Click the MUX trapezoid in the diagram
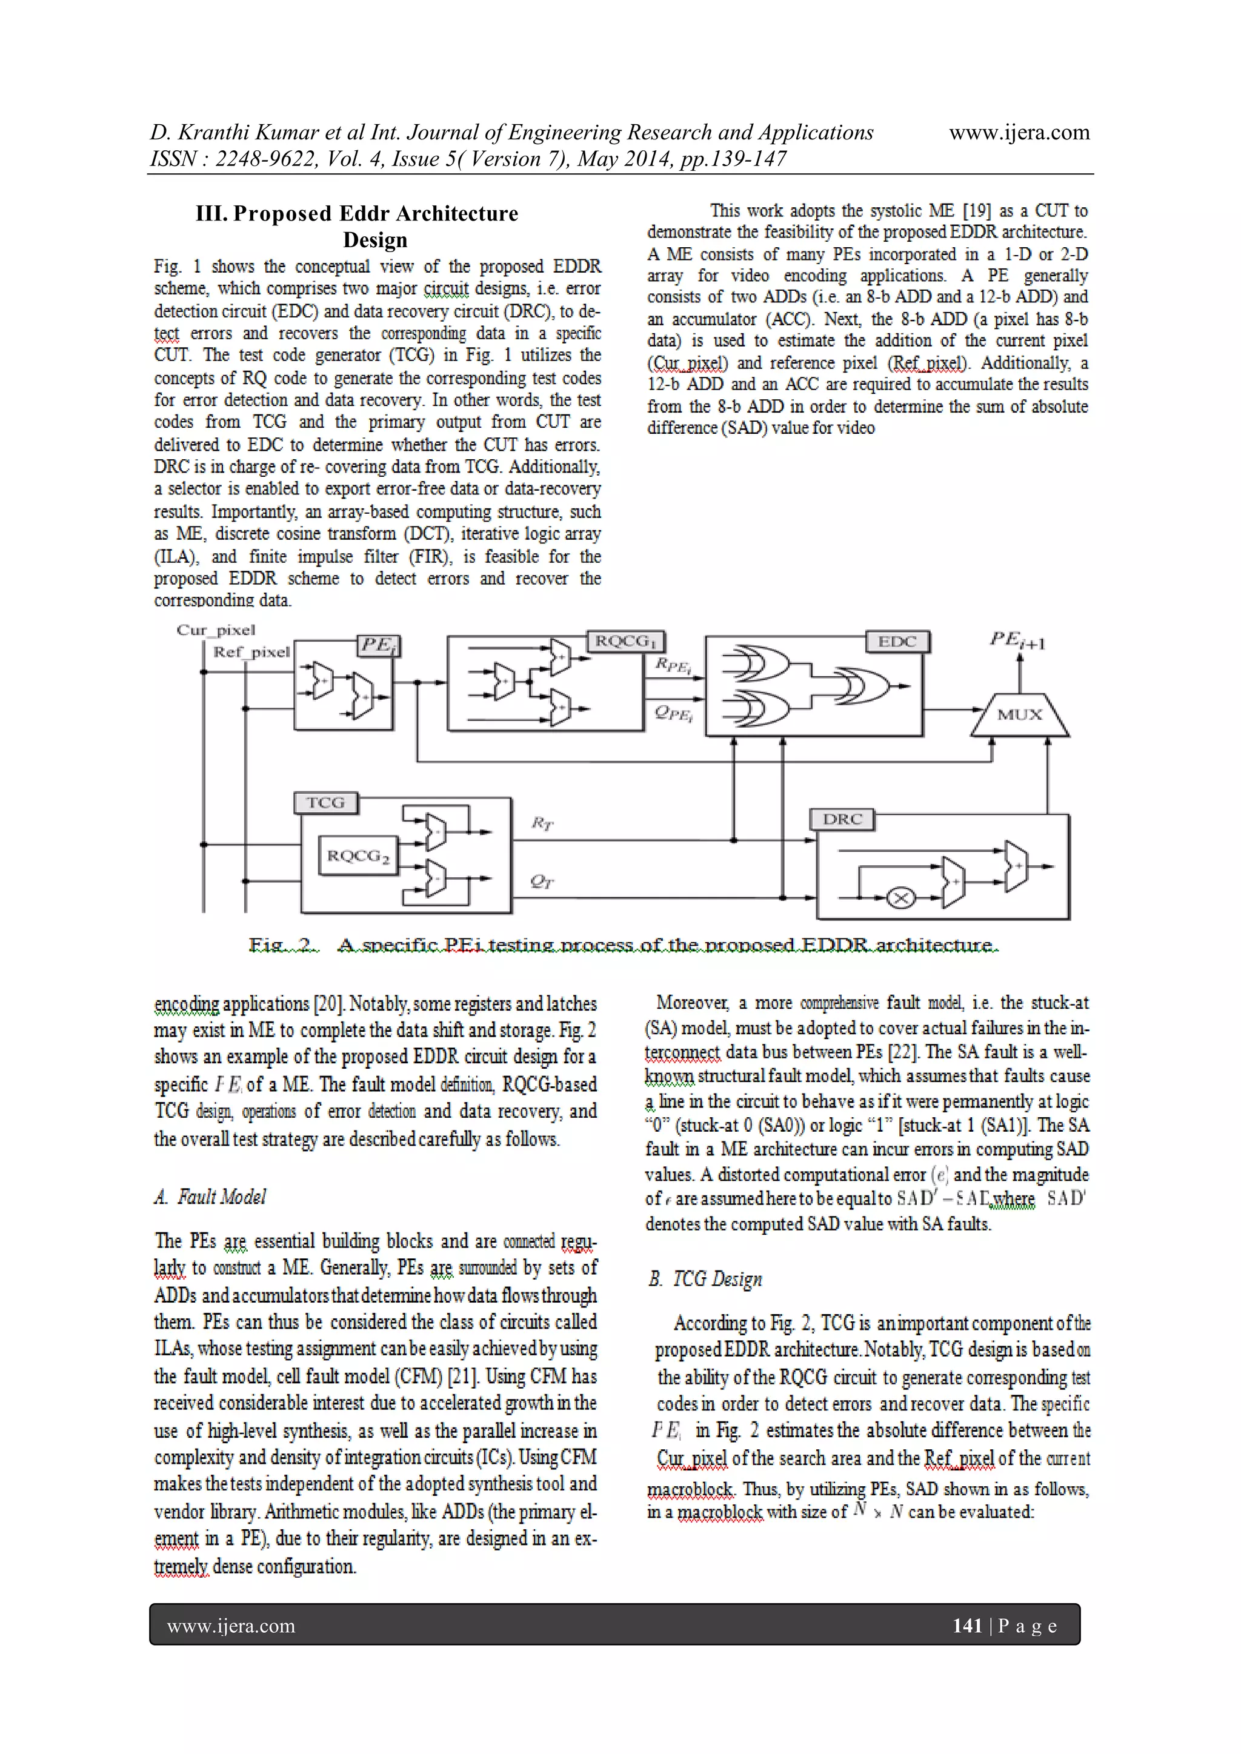(x=1019, y=715)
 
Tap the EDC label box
(x=897, y=642)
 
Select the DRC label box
(x=842, y=819)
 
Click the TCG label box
(x=325, y=803)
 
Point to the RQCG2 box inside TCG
(x=358, y=856)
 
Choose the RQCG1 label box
(x=626, y=641)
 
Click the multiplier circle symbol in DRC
(x=901, y=899)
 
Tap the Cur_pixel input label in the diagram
(x=216, y=630)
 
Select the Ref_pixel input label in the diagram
(x=251, y=653)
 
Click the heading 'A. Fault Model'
(x=210, y=1197)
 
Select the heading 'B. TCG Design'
(x=705, y=1279)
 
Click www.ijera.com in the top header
(x=1019, y=133)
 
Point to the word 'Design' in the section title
(x=374, y=240)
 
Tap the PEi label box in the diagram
(x=378, y=645)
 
